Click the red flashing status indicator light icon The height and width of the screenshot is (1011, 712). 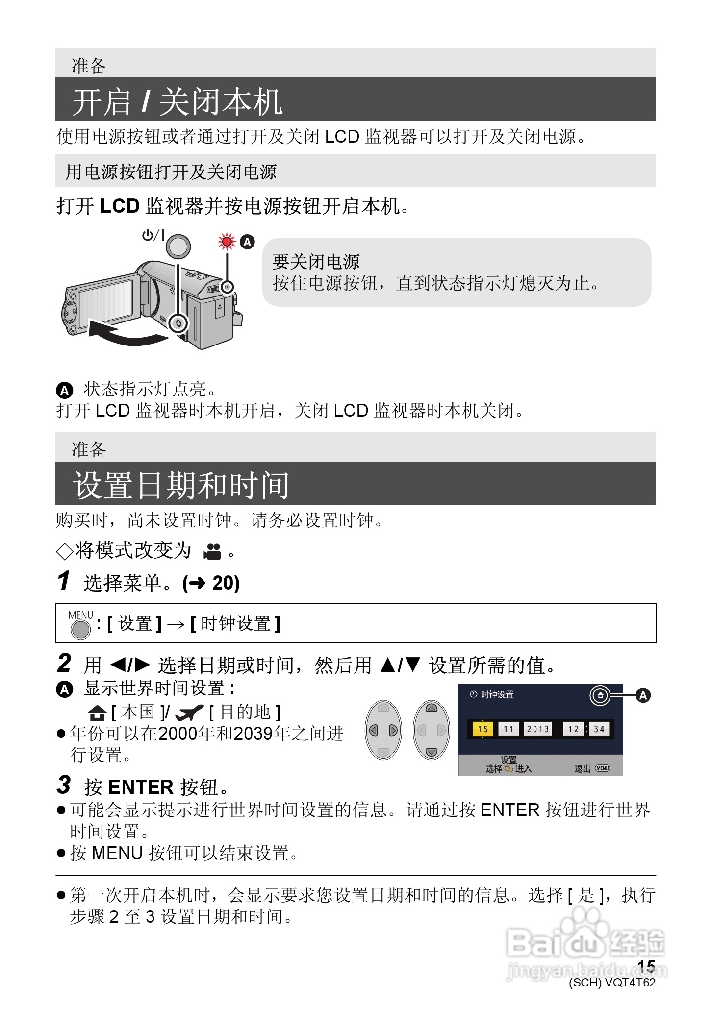pos(227,241)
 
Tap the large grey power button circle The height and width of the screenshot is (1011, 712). pos(178,246)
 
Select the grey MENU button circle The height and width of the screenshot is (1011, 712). pos(81,629)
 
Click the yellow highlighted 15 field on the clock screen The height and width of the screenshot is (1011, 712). pos(483,729)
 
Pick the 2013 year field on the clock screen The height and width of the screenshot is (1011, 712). pos(537,729)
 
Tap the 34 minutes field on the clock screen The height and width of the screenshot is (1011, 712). pos(599,729)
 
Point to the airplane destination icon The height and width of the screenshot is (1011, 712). pos(189,713)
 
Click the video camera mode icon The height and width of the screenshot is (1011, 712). pos(212,552)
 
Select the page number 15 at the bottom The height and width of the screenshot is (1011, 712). pos(646,966)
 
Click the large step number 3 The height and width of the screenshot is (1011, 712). pos(64,785)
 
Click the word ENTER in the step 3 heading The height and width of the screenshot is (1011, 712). pos(141,787)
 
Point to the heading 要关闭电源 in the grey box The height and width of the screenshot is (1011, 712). pos(316,262)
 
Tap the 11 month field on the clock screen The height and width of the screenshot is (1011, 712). pos(509,729)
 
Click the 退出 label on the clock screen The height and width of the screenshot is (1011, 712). pos(582,769)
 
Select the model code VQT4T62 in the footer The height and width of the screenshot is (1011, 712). pos(630,982)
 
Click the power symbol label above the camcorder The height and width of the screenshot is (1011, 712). pos(153,235)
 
